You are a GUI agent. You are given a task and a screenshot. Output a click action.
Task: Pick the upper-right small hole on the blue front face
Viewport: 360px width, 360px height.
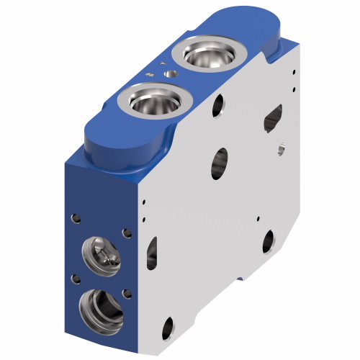(x=127, y=233)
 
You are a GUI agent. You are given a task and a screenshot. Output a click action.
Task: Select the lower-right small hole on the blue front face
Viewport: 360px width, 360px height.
(x=127, y=292)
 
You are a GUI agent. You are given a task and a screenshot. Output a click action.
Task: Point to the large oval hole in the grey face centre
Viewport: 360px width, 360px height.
(x=220, y=164)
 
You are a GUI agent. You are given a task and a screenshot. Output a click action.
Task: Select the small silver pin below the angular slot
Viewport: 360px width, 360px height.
(x=281, y=149)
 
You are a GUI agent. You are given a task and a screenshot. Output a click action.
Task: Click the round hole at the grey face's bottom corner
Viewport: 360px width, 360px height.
(x=167, y=328)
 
